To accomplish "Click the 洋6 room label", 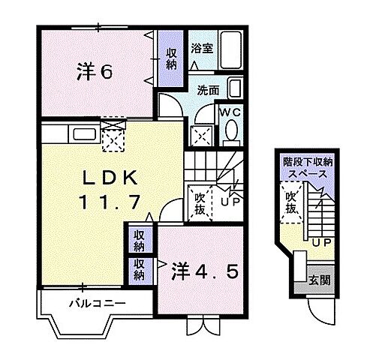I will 94,72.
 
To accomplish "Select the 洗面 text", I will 208,90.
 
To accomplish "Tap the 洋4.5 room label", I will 208,271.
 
